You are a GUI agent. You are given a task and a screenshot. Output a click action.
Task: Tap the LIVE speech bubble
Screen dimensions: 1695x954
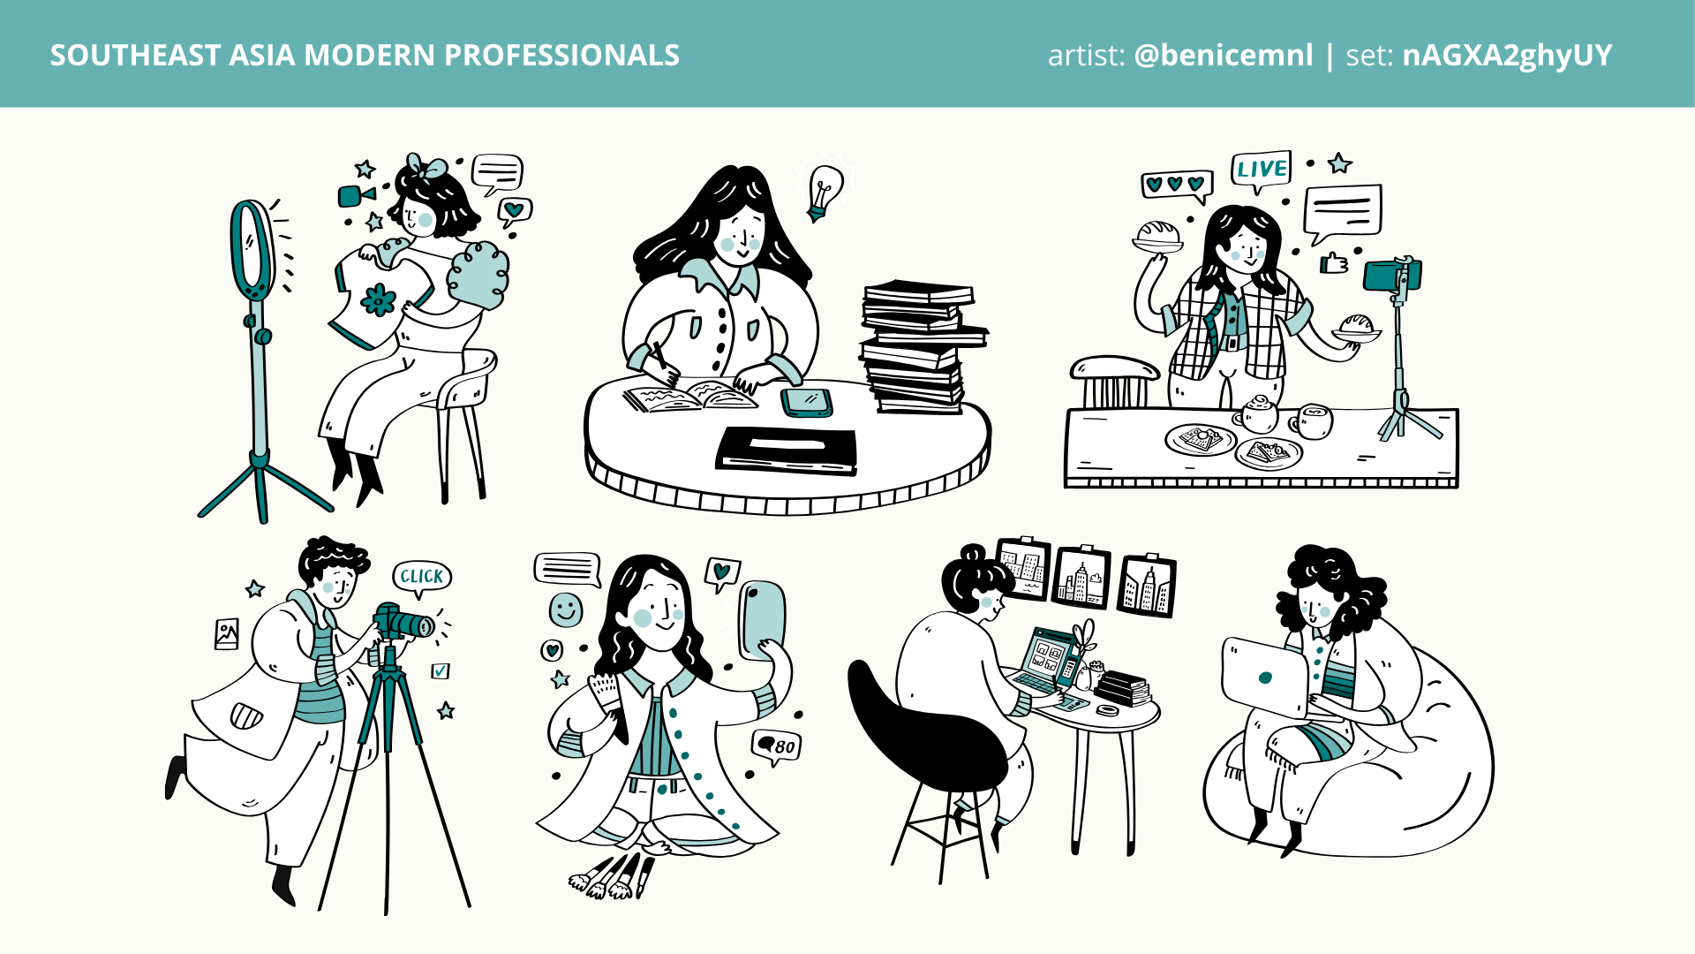[1261, 170]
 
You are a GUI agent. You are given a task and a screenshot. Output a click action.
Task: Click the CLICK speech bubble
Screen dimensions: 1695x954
[421, 578]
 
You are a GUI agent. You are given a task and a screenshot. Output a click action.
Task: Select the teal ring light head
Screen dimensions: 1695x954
[252, 251]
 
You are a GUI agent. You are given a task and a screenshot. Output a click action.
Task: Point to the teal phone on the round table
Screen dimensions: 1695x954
[807, 402]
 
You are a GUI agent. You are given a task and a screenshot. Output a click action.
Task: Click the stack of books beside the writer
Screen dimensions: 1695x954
[921, 346]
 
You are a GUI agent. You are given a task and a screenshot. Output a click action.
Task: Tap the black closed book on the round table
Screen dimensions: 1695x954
[787, 450]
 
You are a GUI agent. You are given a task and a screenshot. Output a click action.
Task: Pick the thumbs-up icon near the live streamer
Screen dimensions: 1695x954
[1334, 262]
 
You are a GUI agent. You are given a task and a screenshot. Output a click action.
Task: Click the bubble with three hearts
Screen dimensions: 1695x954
[1176, 185]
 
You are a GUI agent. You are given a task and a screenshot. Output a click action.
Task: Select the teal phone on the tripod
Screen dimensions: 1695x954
[1392, 275]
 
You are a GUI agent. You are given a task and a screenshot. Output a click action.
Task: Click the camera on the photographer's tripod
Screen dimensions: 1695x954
[403, 622]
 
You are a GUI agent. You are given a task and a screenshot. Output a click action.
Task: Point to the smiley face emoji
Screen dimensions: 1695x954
[566, 609]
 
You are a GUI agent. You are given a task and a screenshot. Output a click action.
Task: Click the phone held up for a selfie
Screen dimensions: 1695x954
[762, 618]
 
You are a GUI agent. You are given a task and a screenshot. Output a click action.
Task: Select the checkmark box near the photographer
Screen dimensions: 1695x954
[441, 671]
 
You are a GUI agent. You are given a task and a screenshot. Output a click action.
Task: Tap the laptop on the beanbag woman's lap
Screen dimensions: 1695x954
[1264, 677]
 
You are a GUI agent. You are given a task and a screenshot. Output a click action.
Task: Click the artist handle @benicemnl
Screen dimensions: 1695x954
[1223, 55]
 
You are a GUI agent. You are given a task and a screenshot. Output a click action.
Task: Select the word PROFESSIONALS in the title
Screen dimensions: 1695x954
[561, 55]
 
